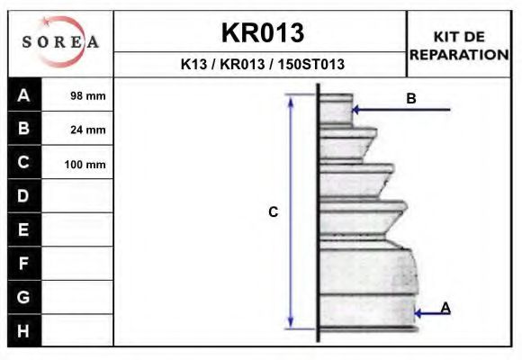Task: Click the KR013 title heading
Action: click(262, 32)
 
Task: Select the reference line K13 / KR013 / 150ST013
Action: click(262, 65)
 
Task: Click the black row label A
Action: click(24, 94)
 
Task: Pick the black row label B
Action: click(24, 129)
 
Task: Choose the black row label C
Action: click(24, 163)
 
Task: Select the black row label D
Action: click(24, 196)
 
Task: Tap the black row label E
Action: click(24, 229)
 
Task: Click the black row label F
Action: click(24, 264)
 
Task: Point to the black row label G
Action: click(24, 297)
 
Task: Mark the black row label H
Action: click(24, 331)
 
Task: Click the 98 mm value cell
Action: click(87, 95)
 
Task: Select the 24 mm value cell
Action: click(87, 130)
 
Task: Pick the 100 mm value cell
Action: click(85, 165)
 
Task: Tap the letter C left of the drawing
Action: click(274, 212)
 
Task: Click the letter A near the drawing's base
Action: click(445, 308)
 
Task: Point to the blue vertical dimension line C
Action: click(291, 211)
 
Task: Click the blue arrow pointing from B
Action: click(400, 110)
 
